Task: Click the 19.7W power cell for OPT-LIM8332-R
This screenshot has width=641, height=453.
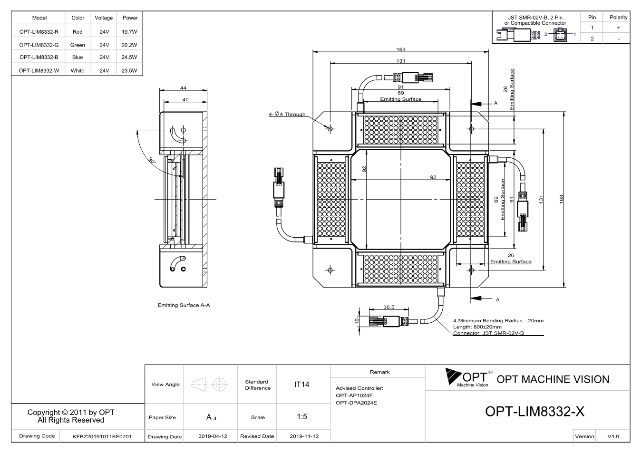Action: pyautogui.click(x=129, y=32)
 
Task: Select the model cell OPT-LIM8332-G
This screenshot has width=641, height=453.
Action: pyautogui.click(x=39, y=45)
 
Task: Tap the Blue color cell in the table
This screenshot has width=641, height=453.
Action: pyautogui.click(x=78, y=57)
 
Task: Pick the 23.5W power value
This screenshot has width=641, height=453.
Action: pyautogui.click(x=129, y=71)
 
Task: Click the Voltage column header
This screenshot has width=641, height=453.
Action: pyautogui.click(x=104, y=18)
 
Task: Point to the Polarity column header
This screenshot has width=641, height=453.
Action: pyautogui.click(x=618, y=17)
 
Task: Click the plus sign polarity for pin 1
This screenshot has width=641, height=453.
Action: pyautogui.click(x=618, y=28)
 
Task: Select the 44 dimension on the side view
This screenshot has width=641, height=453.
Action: pyautogui.click(x=183, y=88)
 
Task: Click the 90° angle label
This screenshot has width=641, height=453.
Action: pyautogui.click(x=153, y=161)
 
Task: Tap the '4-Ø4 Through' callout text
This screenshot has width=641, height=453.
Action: pyautogui.click(x=287, y=114)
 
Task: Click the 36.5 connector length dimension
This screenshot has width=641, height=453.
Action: pyautogui.click(x=389, y=307)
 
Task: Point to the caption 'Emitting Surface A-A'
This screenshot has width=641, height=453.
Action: pyautogui.click(x=184, y=305)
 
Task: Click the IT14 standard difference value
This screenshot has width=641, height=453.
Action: pyautogui.click(x=301, y=385)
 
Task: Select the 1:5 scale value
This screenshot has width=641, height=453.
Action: pyautogui.click(x=302, y=417)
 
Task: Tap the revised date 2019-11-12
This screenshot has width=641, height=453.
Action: pyautogui.click(x=304, y=436)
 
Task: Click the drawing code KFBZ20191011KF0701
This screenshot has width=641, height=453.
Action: pyautogui.click(x=102, y=436)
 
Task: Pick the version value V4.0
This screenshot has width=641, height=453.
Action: pyautogui.click(x=613, y=436)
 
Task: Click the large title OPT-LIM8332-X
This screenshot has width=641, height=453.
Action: pyautogui.click(x=535, y=411)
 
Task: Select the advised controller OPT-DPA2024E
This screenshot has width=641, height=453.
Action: pyautogui.click(x=356, y=403)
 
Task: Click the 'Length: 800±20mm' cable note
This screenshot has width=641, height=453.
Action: pyautogui.click(x=477, y=327)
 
